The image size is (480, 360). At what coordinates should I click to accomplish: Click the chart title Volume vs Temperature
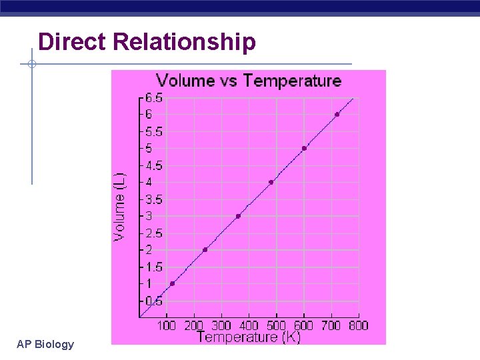point(248,81)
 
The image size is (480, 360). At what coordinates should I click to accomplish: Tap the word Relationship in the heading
point(185,43)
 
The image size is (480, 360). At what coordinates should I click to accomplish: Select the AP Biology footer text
point(45,344)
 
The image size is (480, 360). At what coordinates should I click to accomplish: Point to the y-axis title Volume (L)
point(119,207)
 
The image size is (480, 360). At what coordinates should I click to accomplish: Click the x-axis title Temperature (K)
point(249,337)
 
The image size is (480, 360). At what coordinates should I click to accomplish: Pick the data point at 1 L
point(172,283)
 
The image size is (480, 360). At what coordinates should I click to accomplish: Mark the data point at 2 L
point(205,249)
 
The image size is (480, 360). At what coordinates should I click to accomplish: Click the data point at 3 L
point(238,216)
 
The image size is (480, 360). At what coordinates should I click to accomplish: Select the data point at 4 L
point(271,182)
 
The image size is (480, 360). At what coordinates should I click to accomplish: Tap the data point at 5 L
point(304,148)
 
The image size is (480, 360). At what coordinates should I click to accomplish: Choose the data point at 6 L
point(337,115)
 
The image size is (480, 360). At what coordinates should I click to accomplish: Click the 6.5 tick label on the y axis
point(154,98)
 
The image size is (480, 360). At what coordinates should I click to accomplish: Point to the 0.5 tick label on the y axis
point(154,301)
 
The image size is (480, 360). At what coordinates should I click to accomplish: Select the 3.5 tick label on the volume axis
point(154,199)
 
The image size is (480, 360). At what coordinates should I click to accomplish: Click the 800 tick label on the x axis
point(358,325)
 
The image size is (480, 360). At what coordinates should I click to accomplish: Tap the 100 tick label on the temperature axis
point(166,325)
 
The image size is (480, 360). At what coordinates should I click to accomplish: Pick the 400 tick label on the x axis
point(249,325)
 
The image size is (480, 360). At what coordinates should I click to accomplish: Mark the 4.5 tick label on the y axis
point(154,165)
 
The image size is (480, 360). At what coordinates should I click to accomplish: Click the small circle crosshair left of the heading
point(31,64)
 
